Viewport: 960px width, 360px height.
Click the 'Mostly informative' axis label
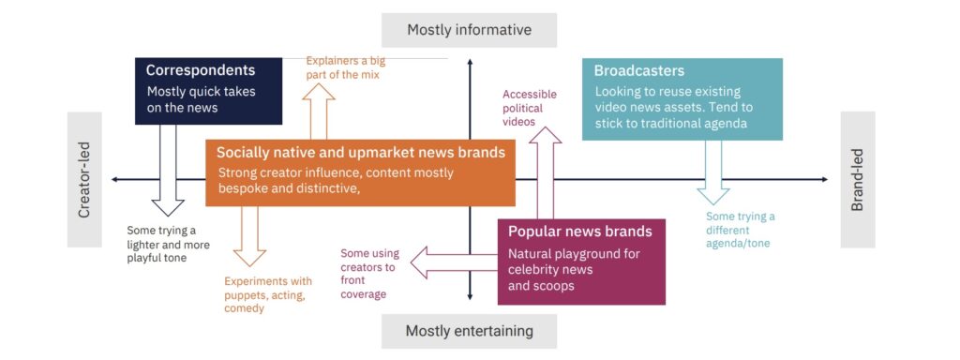pos(469,30)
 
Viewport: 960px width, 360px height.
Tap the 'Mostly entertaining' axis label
pos(469,331)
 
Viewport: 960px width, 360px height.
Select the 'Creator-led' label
pos(84,179)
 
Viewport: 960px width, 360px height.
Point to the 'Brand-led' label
pos(857,179)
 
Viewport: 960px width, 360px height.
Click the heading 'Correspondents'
pos(201,70)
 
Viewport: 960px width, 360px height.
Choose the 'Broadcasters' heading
pos(639,70)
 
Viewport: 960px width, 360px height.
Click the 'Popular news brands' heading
pos(579,232)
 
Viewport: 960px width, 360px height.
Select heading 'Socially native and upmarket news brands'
pos(361,152)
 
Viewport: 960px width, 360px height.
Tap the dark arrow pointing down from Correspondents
pos(168,171)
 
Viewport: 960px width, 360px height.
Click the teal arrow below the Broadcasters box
pos(713,172)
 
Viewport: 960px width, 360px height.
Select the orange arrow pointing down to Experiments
pos(249,236)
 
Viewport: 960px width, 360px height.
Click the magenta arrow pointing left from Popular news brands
pos(454,262)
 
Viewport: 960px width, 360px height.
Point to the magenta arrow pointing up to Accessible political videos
pos(545,172)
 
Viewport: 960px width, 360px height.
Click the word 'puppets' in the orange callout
pos(244,294)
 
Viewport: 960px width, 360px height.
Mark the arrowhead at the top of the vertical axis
pos(470,61)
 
